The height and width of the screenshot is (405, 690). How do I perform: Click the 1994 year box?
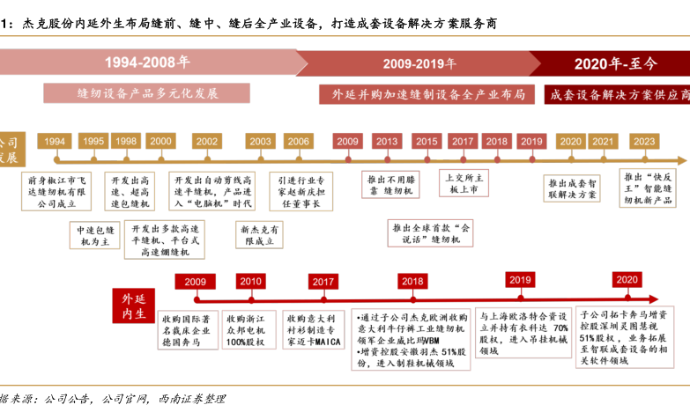tap(55, 142)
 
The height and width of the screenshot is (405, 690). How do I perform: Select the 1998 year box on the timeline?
tap(126, 142)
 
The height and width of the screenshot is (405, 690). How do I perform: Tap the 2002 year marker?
tap(208, 142)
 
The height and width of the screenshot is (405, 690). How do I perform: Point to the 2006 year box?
tap(298, 142)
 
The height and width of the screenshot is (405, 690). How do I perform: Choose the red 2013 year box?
tap(386, 142)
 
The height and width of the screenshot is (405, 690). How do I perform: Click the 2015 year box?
tap(427, 142)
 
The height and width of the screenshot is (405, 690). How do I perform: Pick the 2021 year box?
tap(603, 142)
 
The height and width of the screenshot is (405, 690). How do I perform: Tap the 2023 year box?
tap(644, 142)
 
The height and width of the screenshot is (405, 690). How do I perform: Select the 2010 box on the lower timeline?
tap(250, 282)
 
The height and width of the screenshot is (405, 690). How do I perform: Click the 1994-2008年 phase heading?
tap(147, 63)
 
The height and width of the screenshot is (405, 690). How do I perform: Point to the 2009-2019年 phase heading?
tap(419, 63)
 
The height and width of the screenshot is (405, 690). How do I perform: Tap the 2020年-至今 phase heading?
tap(616, 63)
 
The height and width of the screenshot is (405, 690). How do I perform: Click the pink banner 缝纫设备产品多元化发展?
tap(148, 93)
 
